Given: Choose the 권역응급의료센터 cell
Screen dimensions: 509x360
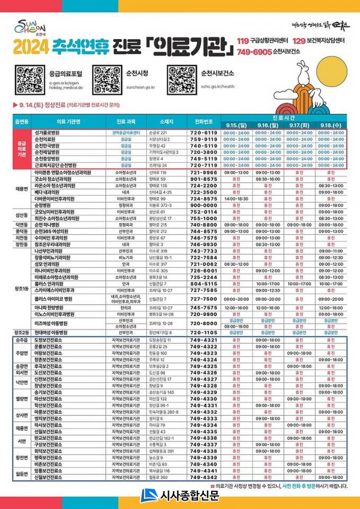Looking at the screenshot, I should coord(125,132).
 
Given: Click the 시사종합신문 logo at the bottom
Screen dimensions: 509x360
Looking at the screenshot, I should coord(180,496).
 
